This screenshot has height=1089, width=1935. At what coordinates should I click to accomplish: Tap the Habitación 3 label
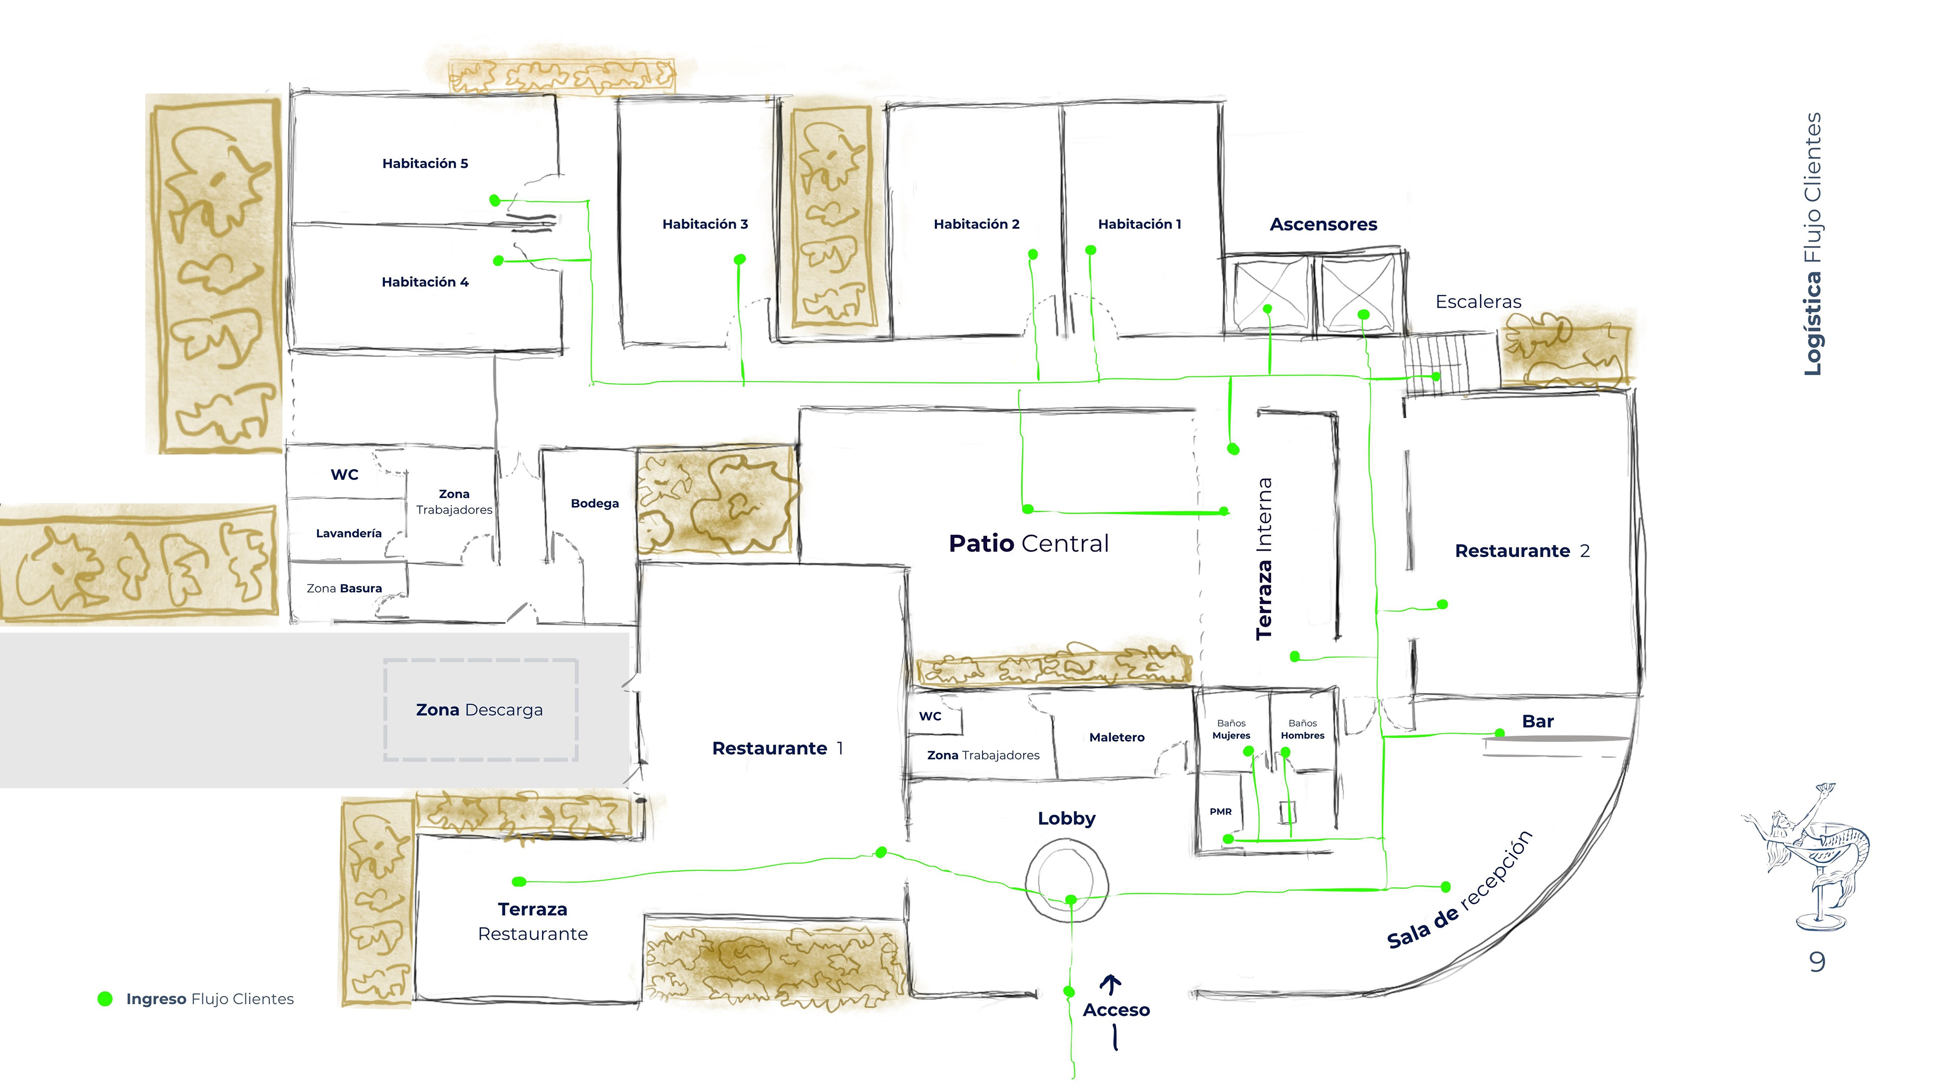click(705, 224)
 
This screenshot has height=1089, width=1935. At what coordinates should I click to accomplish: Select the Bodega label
click(595, 504)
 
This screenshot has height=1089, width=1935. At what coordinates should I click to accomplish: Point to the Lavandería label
click(349, 533)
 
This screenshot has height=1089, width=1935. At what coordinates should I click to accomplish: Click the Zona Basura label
click(344, 588)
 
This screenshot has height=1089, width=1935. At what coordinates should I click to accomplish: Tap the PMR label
click(1220, 812)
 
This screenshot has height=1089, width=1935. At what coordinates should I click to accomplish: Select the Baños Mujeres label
click(1231, 730)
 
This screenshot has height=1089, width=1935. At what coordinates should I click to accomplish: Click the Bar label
click(1537, 721)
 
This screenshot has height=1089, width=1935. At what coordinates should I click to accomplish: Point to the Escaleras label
click(1478, 302)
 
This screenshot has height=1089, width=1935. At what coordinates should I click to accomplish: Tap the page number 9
click(1817, 962)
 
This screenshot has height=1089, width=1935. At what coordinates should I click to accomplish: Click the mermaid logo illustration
click(1807, 857)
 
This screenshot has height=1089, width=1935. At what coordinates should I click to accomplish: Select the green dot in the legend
click(105, 999)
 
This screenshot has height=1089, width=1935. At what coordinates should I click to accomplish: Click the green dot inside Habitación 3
click(740, 259)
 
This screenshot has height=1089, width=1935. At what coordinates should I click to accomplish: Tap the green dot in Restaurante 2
click(1442, 604)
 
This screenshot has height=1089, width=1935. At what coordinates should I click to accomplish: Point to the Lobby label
click(1067, 818)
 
